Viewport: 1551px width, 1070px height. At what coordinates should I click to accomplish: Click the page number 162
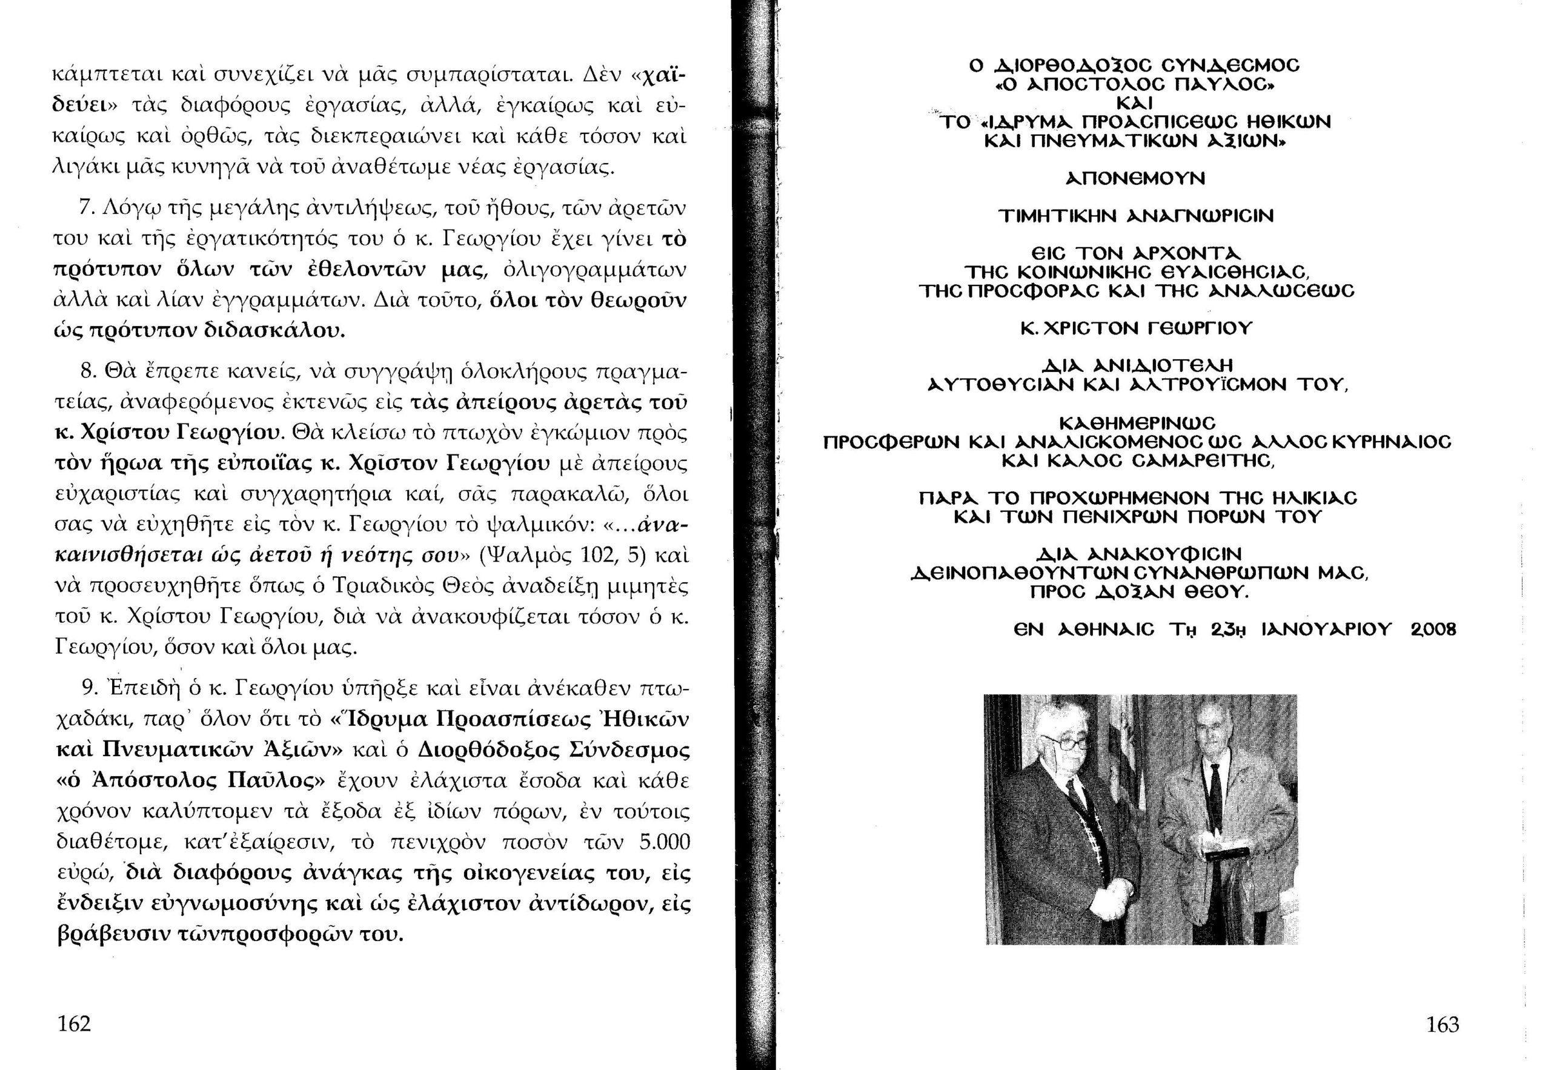pos(74,1024)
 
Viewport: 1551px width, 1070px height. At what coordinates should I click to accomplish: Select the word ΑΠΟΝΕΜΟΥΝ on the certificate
pos(1134,179)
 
